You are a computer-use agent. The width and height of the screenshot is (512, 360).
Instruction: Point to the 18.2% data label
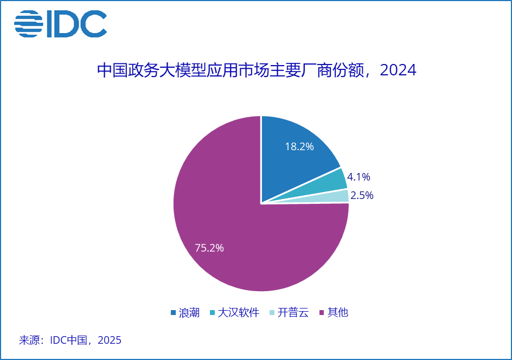coord(299,146)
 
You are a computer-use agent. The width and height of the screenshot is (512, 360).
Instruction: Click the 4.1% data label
coord(359,177)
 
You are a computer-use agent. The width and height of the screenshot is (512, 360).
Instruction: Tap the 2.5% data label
coord(362,196)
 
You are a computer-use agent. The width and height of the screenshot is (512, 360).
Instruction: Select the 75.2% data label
coord(209,248)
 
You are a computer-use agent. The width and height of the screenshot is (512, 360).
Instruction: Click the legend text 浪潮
coord(189,313)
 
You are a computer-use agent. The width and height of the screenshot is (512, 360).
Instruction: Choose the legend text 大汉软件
coord(238,313)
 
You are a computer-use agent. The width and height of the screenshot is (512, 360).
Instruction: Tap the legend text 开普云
coord(293,313)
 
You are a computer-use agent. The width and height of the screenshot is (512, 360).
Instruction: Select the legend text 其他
coord(338,313)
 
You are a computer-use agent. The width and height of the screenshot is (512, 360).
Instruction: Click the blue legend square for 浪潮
coord(173,313)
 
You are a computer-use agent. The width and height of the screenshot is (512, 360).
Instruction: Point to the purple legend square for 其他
coord(322,313)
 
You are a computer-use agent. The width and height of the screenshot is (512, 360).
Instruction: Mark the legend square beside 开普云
coord(271,313)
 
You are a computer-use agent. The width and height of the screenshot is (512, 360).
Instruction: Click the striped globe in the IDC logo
coord(28,24)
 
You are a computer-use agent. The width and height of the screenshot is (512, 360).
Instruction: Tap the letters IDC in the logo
coord(76,24)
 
